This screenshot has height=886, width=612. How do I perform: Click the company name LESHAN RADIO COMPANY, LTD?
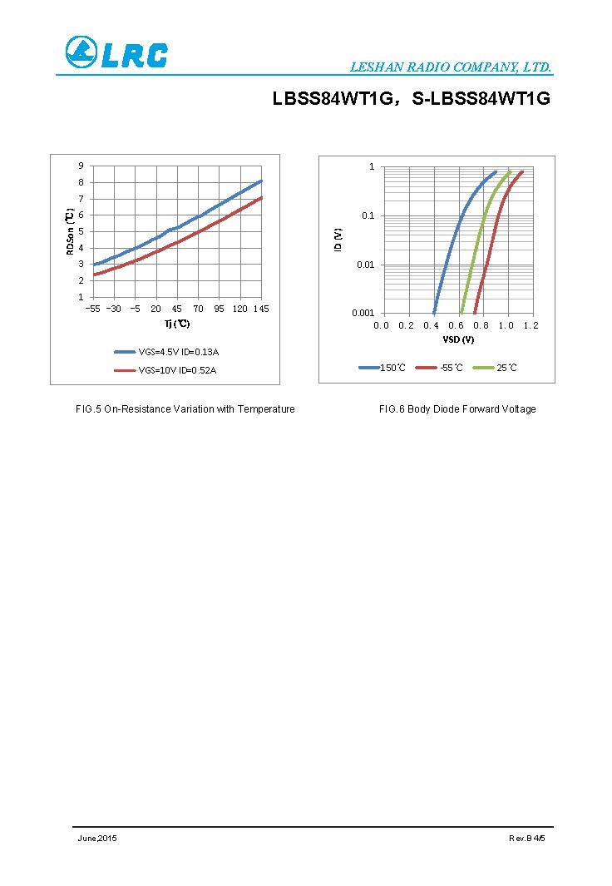point(450,67)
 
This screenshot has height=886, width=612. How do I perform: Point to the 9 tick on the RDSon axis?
point(81,166)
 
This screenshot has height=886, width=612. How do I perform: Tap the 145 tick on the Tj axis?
point(261,309)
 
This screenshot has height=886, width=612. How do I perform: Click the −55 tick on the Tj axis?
point(92,309)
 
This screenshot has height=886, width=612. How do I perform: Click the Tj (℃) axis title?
point(176,324)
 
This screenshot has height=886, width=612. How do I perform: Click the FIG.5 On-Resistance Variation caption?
point(185,409)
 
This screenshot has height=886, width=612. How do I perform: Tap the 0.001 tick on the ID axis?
point(363,313)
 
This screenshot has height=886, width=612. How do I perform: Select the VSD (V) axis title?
point(458,339)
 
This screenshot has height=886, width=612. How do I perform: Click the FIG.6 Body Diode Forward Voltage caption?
point(457,409)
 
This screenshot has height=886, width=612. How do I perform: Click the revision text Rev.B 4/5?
point(527,838)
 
